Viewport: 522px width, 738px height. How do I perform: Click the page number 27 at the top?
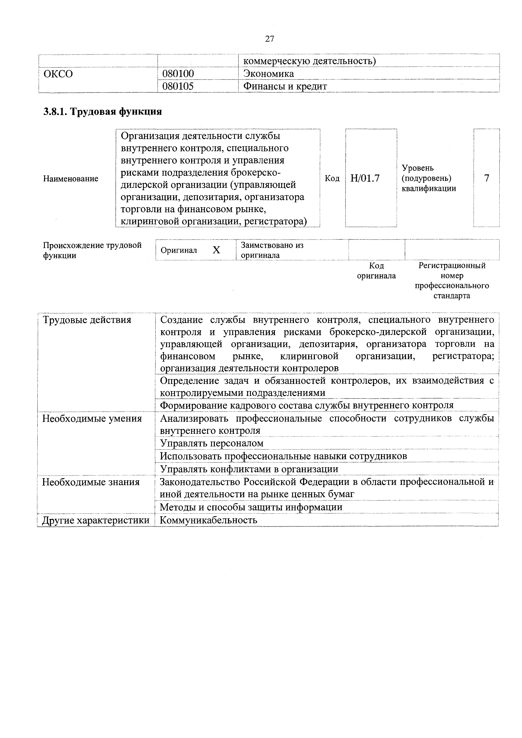pos(269,39)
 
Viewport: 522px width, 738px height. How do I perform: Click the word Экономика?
pos(268,74)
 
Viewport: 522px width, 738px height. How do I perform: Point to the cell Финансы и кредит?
pos(285,86)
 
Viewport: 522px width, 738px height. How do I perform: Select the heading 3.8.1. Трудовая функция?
pos(103,111)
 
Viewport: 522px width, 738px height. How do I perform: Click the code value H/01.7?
pos(365,178)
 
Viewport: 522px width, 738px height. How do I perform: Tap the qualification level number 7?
pos(486,178)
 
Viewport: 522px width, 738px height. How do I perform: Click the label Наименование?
pos(71,179)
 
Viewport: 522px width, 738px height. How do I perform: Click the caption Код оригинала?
pos(376,271)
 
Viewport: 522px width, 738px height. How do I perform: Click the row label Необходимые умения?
pos(92,418)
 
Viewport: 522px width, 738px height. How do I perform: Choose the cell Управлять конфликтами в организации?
pos(249,469)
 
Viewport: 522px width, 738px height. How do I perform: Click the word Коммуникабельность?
pos(208,520)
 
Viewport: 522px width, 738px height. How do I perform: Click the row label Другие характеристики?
pos(96,520)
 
